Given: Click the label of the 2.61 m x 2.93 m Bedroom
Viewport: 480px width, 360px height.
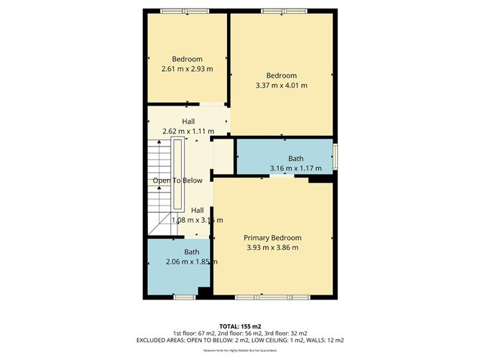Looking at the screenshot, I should [x=187, y=59].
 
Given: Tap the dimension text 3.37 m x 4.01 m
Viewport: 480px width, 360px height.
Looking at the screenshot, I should [x=281, y=86].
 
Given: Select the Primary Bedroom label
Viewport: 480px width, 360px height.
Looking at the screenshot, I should [x=272, y=238].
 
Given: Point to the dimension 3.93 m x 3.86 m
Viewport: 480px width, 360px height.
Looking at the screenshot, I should [x=272, y=248].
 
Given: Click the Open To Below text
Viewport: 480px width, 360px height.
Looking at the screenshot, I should [x=177, y=180].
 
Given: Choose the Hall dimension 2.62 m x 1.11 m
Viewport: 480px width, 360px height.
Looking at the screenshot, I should [x=188, y=131].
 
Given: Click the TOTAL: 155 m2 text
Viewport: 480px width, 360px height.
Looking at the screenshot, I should [x=240, y=326].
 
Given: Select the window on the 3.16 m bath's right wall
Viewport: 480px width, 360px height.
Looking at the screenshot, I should [x=336, y=155].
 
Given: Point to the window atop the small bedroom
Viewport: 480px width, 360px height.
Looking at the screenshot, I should [x=185, y=11].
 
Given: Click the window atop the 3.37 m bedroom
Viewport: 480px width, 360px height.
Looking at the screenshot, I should [x=282, y=11].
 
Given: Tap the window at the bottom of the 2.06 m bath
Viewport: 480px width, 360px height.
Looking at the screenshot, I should [x=184, y=297].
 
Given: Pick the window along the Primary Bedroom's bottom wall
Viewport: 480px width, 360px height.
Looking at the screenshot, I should [x=273, y=297].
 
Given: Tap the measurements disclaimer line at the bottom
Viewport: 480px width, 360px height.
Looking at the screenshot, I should [x=240, y=350].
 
